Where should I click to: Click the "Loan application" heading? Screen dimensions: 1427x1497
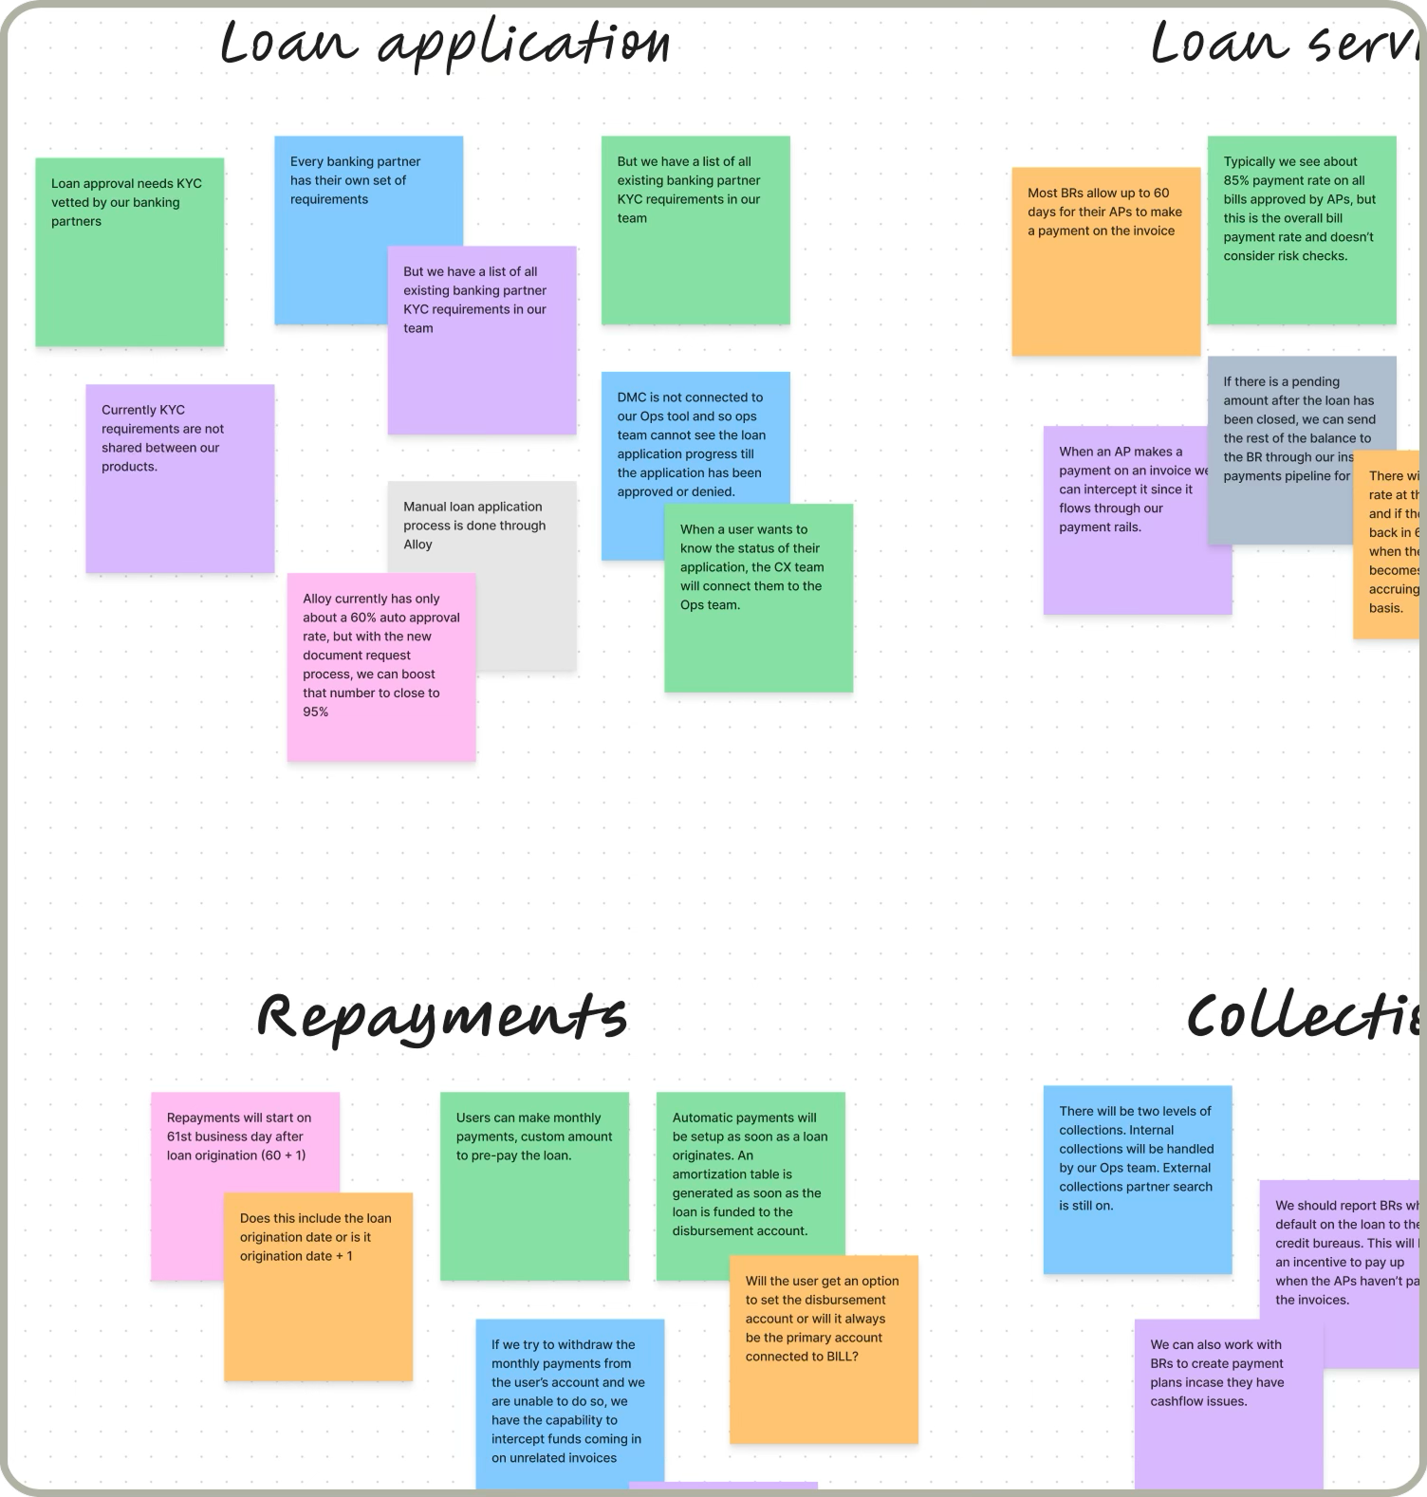pos(444,44)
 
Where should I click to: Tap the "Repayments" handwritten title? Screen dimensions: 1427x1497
pos(442,1016)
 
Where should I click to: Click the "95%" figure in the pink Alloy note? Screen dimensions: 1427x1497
pos(316,712)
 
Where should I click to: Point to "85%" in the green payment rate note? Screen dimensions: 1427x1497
pos(1236,180)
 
